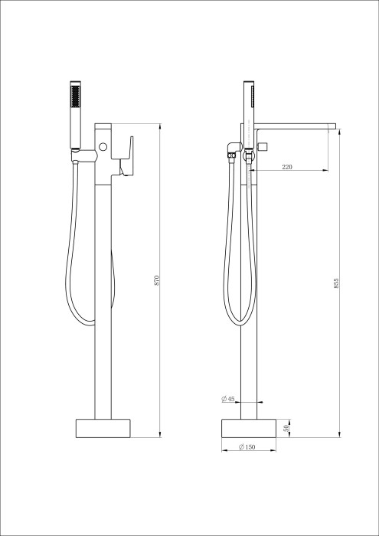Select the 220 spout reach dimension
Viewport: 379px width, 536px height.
pyautogui.click(x=286, y=166)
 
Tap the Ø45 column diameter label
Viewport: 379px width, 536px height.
pyautogui.click(x=227, y=399)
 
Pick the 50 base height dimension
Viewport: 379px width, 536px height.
pyautogui.click(x=287, y=427)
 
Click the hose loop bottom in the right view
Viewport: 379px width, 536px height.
pyautogui.click(x=239, y=322)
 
